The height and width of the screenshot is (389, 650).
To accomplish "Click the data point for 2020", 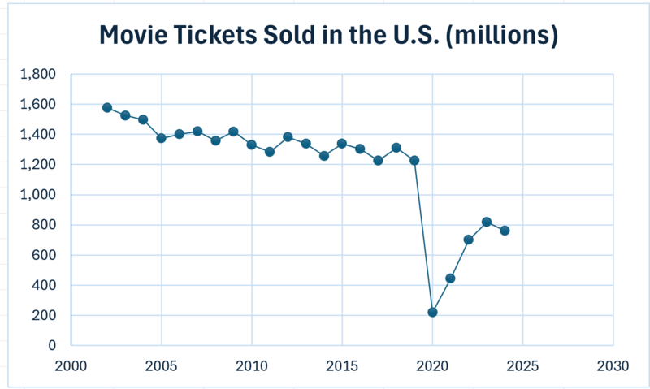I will [x=432, y=312].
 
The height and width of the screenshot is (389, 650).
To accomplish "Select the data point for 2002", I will [x=107, y=107].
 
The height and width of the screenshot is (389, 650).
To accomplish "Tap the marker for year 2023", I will [x=487, y=222].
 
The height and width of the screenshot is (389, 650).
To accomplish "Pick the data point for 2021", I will [x=450, y=279].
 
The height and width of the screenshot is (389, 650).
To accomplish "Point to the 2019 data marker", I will [x=414, y=160].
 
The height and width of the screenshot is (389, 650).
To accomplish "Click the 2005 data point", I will [x=162, y=138].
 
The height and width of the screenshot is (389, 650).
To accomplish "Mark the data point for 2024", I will [x=505, y=231].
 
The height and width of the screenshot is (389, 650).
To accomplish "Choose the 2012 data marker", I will [x=288, y=137].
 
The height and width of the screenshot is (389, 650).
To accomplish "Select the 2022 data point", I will [x=468, y=240].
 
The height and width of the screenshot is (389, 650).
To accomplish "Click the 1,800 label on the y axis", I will [x=38, y=75].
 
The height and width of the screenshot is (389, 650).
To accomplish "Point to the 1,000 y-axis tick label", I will [x=38, y=195].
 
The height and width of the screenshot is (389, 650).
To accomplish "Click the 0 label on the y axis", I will [x=52, y=345].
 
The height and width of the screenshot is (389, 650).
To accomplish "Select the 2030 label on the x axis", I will [x=613, y=366].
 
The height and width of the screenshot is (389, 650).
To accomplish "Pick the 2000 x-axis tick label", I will [x=71, y=366].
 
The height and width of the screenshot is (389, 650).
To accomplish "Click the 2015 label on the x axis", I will [x=342, y=366].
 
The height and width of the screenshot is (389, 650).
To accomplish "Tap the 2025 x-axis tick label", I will [x=522, y=366].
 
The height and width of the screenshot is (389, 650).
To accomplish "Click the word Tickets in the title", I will [x=198, y=36].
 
